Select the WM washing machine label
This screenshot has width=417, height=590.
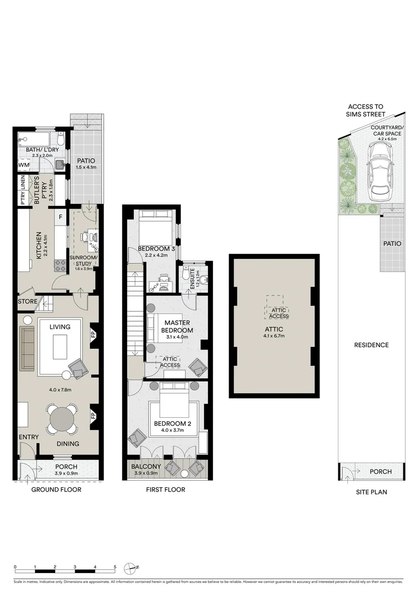(24, 164)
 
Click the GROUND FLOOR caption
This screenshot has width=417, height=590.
(56, 489)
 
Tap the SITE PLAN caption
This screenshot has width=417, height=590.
(371, 492)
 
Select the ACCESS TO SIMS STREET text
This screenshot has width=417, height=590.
(366, 110)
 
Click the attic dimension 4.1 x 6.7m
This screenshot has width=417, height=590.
(274, 336)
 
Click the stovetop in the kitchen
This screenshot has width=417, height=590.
(58, 267)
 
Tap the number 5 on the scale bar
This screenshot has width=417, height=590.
(115, 567)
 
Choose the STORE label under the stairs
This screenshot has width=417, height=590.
(27, 302)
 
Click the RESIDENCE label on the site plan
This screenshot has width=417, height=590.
(371, 345)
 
